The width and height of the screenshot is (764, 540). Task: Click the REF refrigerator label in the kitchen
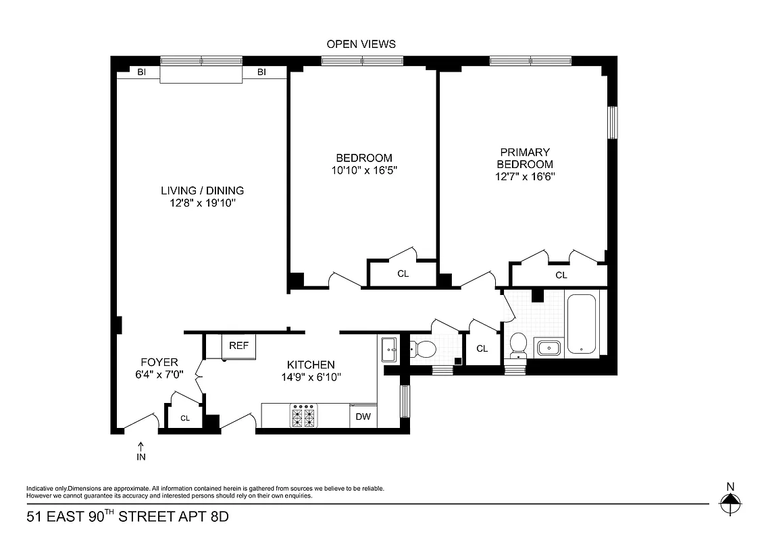[238, 346]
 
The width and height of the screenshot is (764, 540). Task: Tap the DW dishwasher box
[363, 416]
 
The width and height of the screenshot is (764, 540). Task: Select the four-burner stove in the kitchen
[303, 416]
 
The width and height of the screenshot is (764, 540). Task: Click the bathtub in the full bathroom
[582, 324]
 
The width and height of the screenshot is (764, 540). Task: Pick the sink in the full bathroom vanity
[548, 348]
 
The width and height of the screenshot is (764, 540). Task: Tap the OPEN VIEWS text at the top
[361, 44]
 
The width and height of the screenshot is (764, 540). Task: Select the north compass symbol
[730, 500]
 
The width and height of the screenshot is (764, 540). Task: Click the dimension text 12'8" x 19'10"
[202, 202]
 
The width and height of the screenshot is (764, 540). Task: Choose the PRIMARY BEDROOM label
[525, 158]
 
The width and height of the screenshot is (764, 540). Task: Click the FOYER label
[159, 362]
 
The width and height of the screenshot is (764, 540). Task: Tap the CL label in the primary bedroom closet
[561, 275]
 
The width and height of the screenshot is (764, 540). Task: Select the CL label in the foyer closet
[184, 418]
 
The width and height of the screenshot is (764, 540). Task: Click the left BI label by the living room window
[142, 72]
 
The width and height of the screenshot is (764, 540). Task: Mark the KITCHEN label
[310, 364]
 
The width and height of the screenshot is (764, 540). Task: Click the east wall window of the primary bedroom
[612, 122]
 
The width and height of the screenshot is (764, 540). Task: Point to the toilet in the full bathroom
[519, 344]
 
